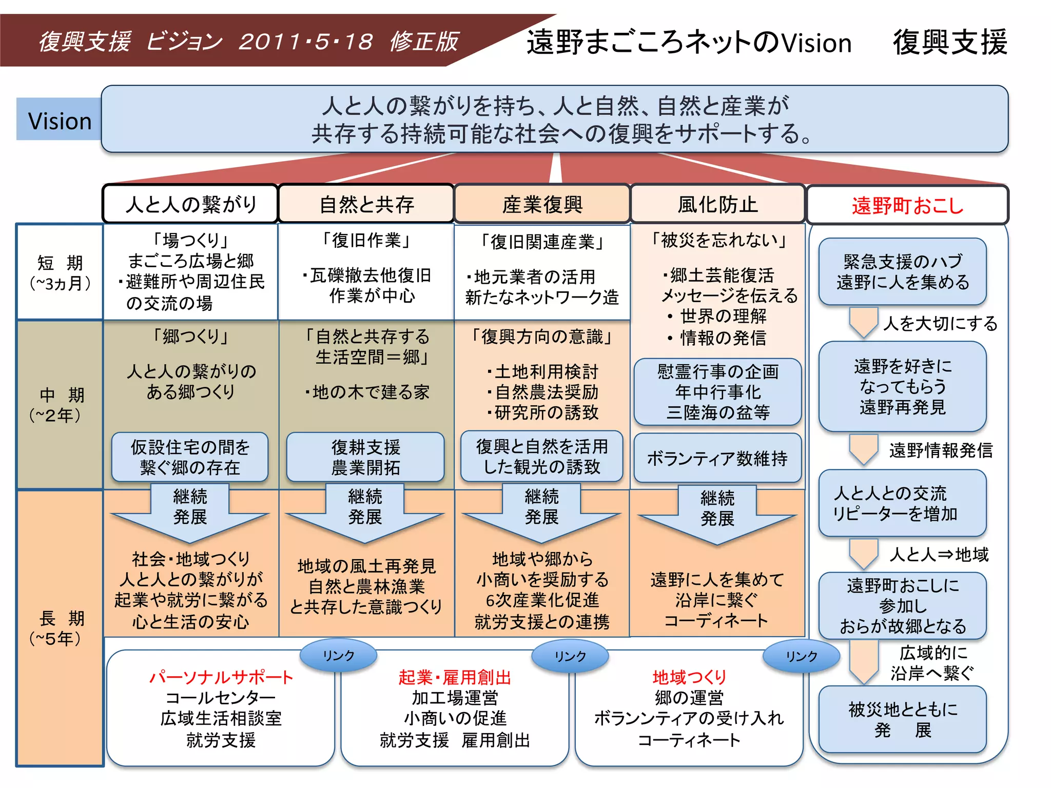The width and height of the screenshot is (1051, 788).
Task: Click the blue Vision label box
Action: click(59, 120)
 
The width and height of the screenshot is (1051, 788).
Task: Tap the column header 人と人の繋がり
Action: click(190, 204)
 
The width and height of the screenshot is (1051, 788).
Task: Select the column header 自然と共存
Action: click(366, 204)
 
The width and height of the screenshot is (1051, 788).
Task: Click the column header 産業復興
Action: click(542, 204)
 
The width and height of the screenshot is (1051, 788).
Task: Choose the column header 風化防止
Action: click(717, 204)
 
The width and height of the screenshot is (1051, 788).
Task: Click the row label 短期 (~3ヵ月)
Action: click(60, 272)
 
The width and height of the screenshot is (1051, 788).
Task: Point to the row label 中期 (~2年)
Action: click(60, 405)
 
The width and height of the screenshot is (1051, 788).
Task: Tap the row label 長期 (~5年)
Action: click(60, 628)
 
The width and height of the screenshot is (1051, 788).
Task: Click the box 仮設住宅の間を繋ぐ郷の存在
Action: click(190, 457)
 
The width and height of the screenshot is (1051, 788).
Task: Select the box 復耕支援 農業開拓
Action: click(365, 457)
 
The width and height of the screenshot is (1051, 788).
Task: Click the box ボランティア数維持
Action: click(717, 458)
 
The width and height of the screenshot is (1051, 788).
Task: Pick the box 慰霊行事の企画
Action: click(717, 392)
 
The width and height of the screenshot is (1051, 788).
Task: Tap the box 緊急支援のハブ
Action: click(903, 272)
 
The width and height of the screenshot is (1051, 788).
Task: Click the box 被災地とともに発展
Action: click(903, 719)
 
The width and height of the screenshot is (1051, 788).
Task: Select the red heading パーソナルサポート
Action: click(221, 677)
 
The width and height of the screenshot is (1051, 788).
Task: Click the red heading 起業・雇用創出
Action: click(455, 677)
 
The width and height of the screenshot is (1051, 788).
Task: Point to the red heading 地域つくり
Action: click(689, 677)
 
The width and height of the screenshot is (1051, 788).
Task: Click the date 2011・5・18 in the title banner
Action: click(306, 42)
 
